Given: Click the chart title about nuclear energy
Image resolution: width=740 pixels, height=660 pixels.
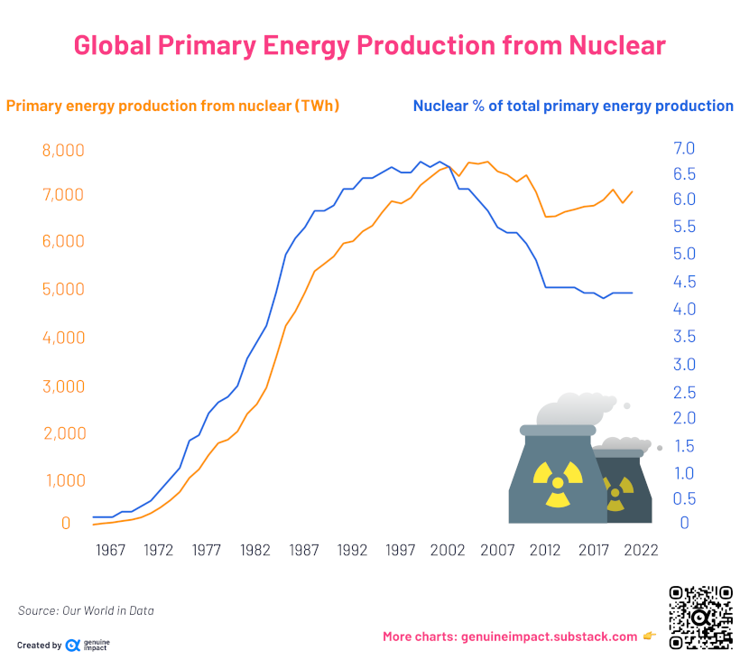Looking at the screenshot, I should pos(369,45).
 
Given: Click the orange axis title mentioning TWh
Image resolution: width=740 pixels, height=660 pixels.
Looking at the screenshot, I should pos(172,106).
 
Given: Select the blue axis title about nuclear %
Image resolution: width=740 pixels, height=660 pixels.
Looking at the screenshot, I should pos(573,106).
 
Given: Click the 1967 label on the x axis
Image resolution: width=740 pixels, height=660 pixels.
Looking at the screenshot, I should pos(110,550).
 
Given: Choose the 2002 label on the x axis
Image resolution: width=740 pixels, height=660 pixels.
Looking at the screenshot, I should pos(449,550).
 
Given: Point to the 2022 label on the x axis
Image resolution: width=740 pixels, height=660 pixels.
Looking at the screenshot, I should pos(642,550).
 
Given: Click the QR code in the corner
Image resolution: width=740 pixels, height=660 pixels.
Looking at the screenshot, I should pos(700,618).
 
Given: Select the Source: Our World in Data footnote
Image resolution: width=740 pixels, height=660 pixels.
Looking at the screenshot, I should pos(86,611).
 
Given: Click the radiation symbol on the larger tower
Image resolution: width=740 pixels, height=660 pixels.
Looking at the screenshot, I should pos(552,480).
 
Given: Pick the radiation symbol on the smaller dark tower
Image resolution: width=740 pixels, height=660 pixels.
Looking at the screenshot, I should pos(616,493).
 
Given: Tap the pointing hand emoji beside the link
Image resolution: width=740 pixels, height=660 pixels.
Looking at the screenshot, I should pos(649,637).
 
